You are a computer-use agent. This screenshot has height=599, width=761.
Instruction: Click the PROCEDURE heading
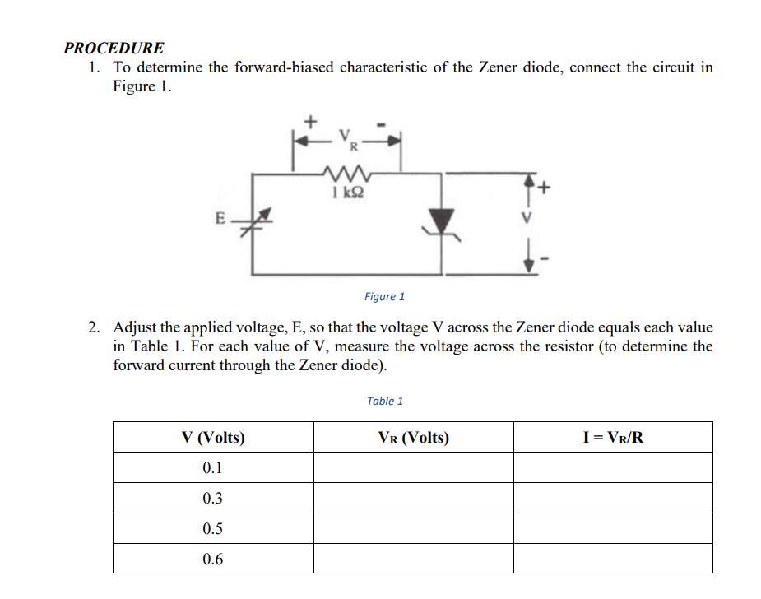point(114,48)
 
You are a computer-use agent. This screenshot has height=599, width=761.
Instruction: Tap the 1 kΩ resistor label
point(346,193)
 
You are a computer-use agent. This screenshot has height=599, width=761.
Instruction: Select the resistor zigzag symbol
point(346,174)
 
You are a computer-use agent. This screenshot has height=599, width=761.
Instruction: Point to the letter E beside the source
point(220,219)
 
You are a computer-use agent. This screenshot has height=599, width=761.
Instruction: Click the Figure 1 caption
point(384,296)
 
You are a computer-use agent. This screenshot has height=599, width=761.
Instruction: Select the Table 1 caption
point(384,401)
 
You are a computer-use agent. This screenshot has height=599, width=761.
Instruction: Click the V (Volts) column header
point(212,438)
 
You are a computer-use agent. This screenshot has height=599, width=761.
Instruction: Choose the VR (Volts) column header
point(413,438)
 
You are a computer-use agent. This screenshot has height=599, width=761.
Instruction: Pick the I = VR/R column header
point(613,438)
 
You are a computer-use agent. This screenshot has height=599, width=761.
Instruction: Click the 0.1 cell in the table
point(212,468)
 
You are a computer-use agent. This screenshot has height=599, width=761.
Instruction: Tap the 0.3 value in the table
point(212,499)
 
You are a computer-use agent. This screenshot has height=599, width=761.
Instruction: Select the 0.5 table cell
point(212,529)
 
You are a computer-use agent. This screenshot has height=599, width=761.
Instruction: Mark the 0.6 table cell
point(212,560)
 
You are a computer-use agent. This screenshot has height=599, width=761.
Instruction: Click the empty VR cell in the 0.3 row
point(413,499)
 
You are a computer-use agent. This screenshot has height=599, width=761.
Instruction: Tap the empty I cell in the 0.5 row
point(613,529)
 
